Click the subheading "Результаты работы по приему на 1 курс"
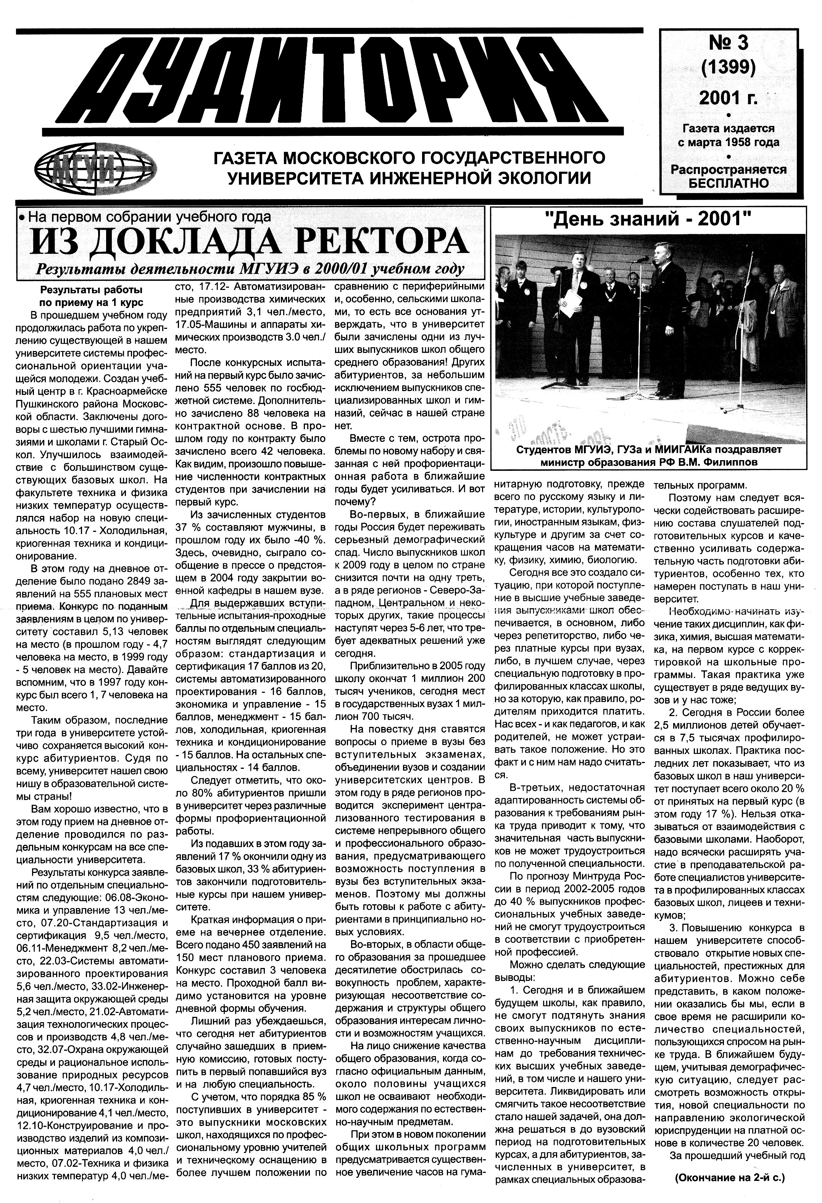coord(92,296)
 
